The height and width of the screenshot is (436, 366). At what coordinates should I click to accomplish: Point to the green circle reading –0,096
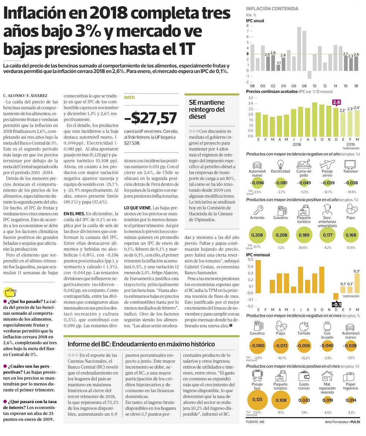257,182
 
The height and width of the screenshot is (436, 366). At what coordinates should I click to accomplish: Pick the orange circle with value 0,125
257,399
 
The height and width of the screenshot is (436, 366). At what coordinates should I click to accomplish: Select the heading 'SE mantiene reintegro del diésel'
207,109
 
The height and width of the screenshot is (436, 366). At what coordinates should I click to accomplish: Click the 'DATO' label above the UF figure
129,98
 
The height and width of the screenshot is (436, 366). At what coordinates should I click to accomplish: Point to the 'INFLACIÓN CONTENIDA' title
272,8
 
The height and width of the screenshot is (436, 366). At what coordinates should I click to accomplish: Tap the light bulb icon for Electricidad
281,163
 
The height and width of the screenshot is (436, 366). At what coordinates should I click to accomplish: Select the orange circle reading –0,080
257,346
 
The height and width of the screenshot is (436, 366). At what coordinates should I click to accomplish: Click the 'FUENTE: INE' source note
255,422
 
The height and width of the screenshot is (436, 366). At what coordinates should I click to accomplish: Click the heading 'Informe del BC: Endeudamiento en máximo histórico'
141,344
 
